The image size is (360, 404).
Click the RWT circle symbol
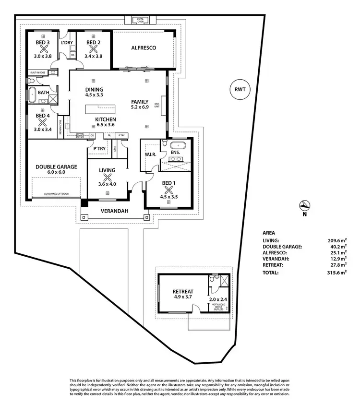tap(239, 90)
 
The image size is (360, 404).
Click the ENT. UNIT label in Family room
tap(157, 105)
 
